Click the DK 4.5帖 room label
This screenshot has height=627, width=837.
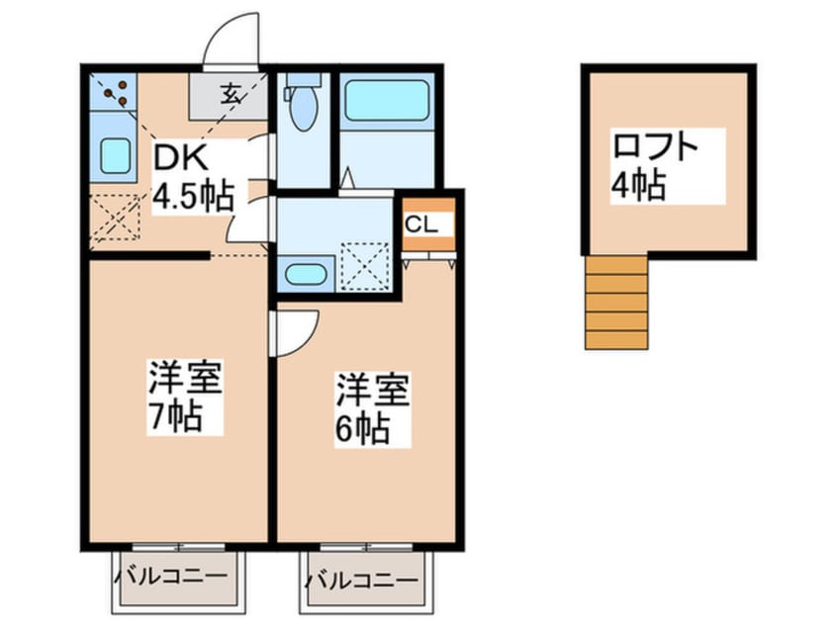[193, 179]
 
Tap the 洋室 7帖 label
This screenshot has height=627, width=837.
[184, 396]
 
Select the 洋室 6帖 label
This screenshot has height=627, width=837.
[372, 408]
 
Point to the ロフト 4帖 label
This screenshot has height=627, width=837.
[655, 166]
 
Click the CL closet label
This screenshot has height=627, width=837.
[421, 224]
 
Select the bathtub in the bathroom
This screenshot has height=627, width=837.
[387, 100]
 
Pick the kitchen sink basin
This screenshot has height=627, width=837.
[116, 155]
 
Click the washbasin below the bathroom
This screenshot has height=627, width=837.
[306, 274]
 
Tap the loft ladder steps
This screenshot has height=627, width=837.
[616, 303]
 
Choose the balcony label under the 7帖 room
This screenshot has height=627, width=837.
[170, 577]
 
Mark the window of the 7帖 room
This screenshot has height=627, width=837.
[178, 547]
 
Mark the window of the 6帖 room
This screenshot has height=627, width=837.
[366, 547]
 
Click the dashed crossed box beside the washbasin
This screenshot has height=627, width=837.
[365, 267]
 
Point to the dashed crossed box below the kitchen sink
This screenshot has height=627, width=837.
[116, 218]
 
